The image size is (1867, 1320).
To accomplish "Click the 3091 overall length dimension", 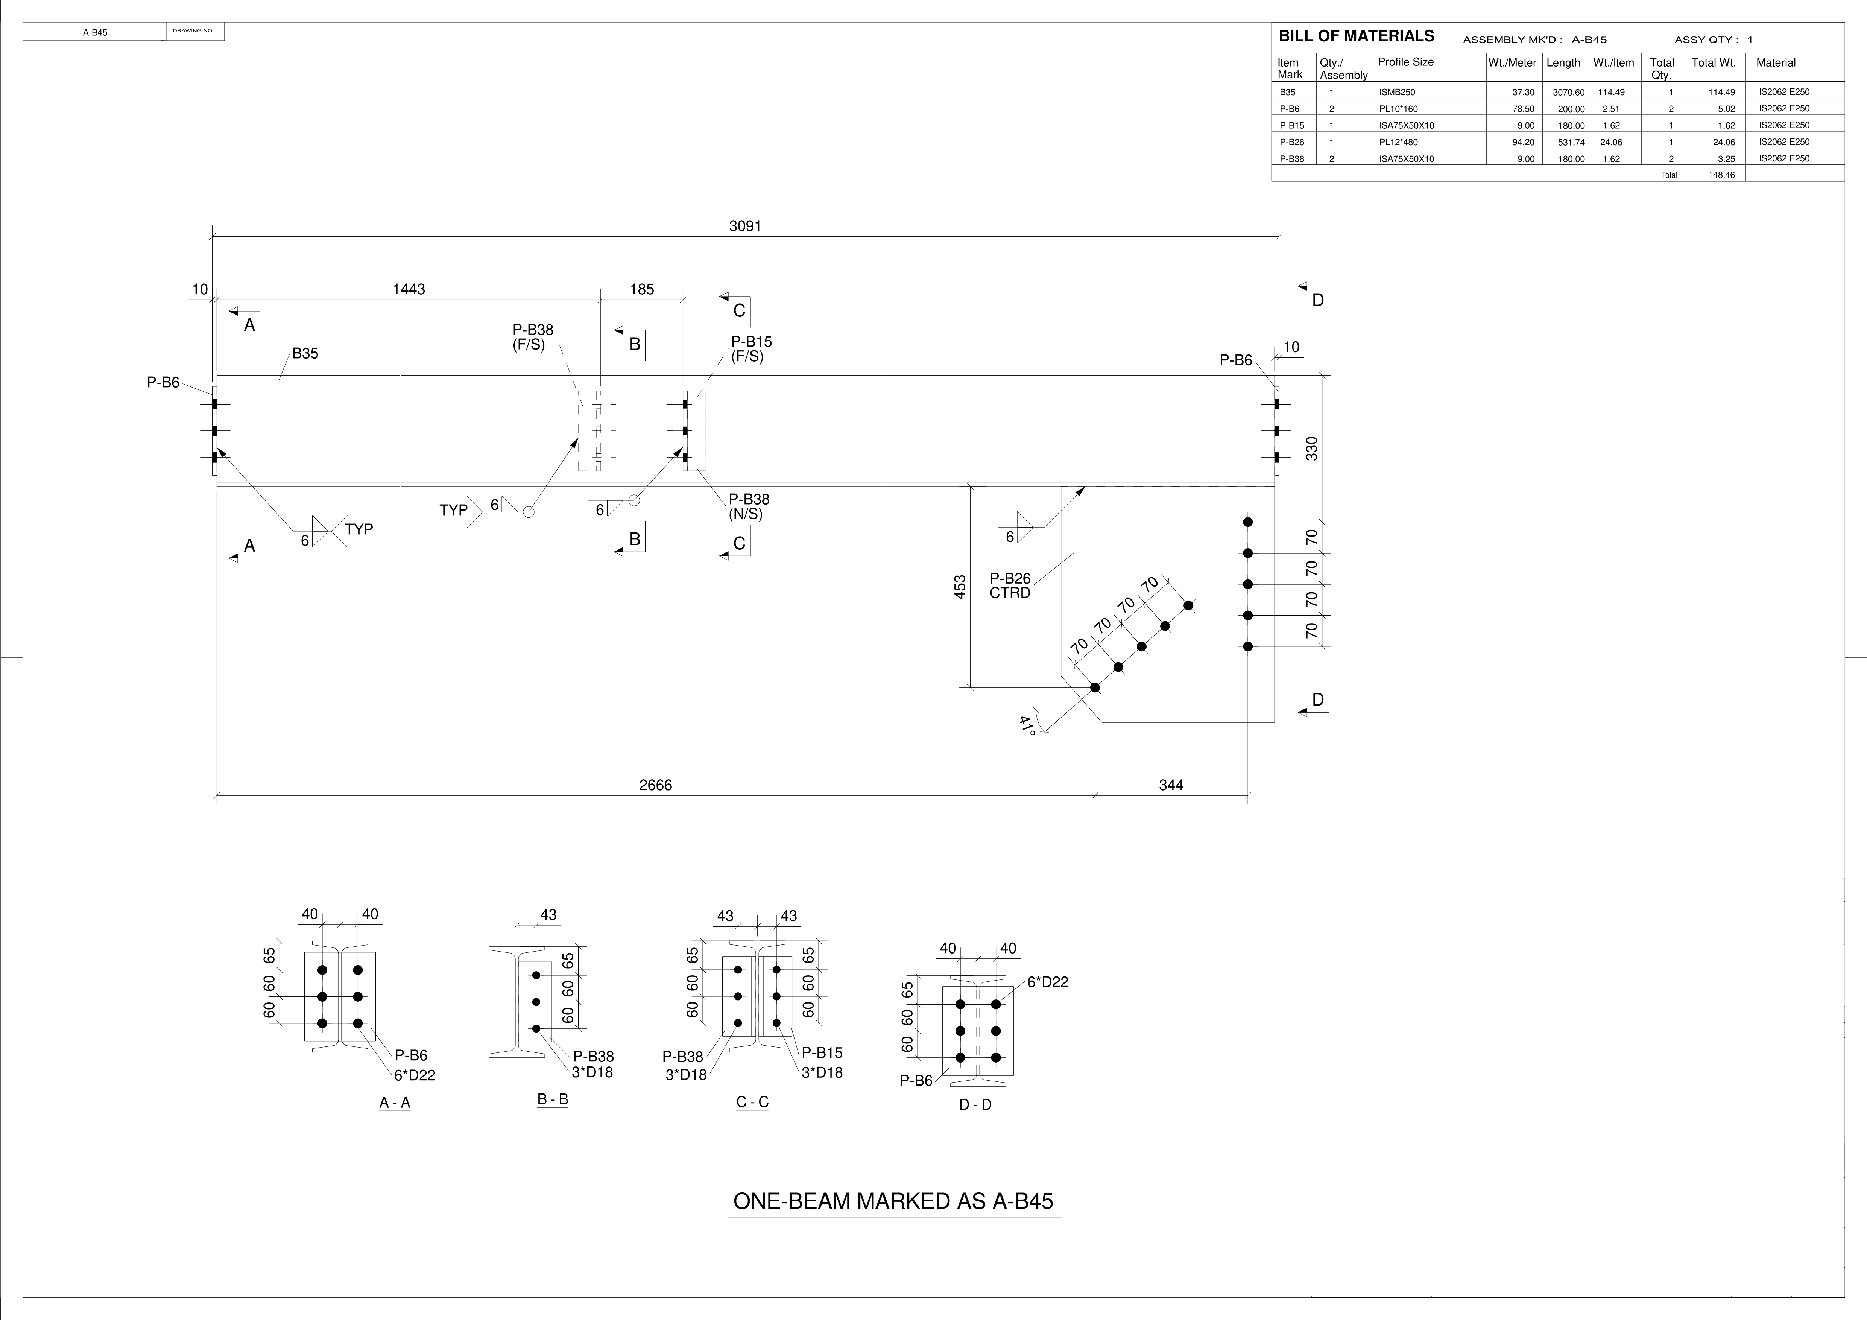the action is [x=745, y=226].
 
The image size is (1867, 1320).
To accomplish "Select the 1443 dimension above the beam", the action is [x=409, y=289].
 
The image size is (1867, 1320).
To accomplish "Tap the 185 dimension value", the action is [x=641, y=289].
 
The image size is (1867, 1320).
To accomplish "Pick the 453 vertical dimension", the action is [x=960, y=587].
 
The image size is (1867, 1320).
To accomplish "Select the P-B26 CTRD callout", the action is [x=1010, y=585].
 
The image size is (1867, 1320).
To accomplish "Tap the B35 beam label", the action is [x=305, y=354].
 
